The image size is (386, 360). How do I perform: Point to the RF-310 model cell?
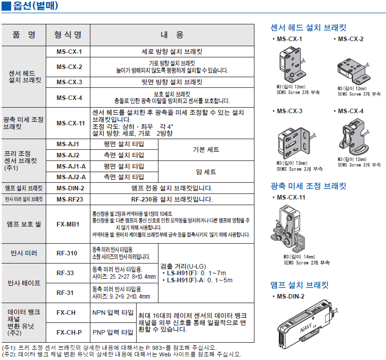coord(68,253)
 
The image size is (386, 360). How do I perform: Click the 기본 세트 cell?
coord(206,150)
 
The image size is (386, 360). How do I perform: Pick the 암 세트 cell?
coord(206,172)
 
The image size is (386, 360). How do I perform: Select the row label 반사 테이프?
coord(24,282)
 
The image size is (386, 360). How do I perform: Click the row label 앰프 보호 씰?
coord(24,223)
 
